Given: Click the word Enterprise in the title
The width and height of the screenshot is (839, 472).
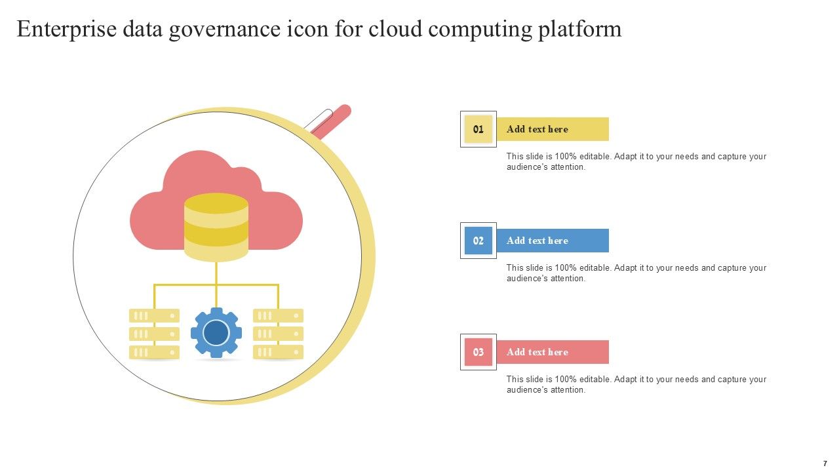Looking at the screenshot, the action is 67,29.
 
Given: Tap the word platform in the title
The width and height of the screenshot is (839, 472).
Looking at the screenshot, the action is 580,29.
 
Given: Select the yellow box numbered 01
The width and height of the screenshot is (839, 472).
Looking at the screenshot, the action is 478,129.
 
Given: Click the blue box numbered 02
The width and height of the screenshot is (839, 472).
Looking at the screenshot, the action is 478,241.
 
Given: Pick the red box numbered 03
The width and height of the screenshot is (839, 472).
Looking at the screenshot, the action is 478,352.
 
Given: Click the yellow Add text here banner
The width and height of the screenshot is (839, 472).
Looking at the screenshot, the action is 553,129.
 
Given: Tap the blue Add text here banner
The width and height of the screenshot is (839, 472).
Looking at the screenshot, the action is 553,241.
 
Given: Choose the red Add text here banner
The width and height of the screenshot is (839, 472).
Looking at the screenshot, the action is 553,352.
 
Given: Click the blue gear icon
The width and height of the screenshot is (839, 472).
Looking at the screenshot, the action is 216,332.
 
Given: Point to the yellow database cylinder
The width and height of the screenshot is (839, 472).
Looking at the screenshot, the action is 216,227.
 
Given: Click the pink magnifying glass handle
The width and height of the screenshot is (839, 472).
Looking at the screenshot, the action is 332,121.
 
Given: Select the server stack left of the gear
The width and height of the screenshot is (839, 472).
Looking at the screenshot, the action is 154,334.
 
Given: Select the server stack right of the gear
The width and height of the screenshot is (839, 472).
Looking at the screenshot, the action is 279,334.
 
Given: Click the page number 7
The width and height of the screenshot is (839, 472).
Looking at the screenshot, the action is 825,463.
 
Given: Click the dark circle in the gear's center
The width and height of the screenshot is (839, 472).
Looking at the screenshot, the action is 216,332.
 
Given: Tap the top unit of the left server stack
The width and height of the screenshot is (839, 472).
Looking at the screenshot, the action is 154,316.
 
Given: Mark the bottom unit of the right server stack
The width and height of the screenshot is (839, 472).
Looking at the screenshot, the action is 279,352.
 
